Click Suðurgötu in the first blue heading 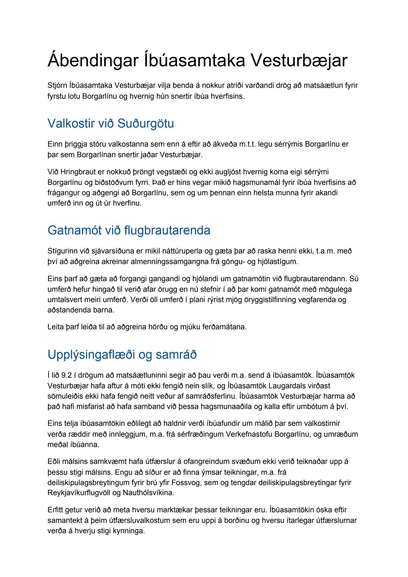coord(146,123)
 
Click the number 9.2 coord(66,375)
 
